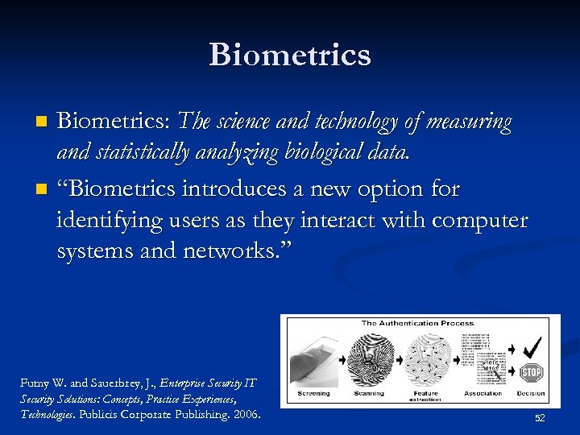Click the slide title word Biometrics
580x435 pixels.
tap(290, 55)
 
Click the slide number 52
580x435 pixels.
tap(540, 418)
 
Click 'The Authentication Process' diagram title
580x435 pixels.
tap(417, 323)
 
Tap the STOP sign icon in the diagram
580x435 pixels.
tap(531, 372)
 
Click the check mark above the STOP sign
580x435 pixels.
tap(532, 347)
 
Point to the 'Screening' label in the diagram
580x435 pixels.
tap(313, 394)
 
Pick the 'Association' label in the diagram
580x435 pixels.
tap(483, 394)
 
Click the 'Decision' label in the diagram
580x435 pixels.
tap(531, 394)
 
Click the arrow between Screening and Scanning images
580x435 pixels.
tap(342, 359)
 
